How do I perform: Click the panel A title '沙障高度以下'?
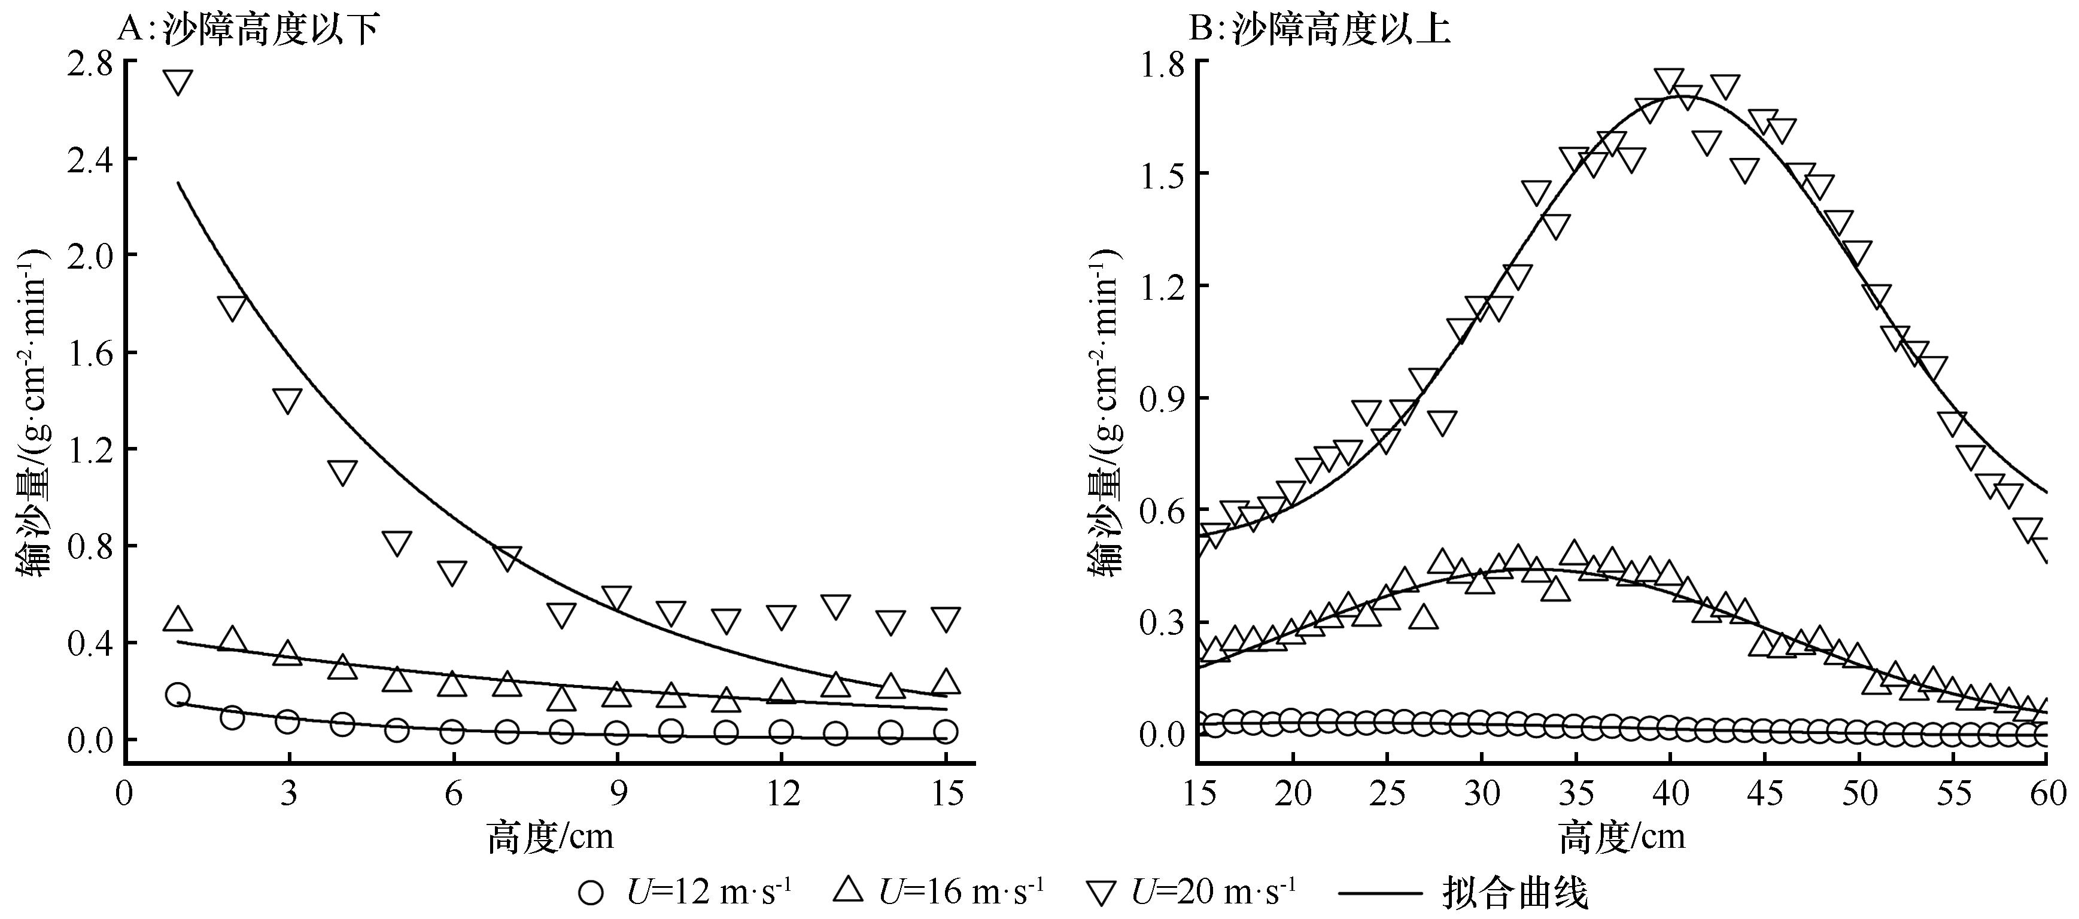click(x=270, y=31)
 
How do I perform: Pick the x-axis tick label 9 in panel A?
click(x=618, y=794)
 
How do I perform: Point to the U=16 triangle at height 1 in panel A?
click(x=178, y=619)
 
